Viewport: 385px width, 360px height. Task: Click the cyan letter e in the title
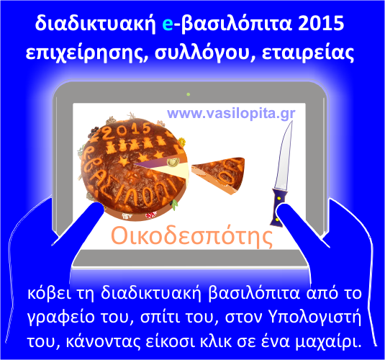(x=168, y=24)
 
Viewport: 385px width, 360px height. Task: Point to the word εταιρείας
(x=308, y=53)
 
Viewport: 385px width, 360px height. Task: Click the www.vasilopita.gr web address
(x=231, y=114)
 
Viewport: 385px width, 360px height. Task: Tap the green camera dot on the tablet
(x=189, y=94)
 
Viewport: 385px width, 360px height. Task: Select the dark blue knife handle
(x=279, y=207)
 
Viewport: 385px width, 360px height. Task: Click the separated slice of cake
(x=219, y=174)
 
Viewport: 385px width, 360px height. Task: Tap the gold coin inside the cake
(x=173, y=163)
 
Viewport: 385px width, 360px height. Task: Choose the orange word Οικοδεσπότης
(x=191, y=236)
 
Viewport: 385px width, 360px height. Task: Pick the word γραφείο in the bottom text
(x=61, y=318)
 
